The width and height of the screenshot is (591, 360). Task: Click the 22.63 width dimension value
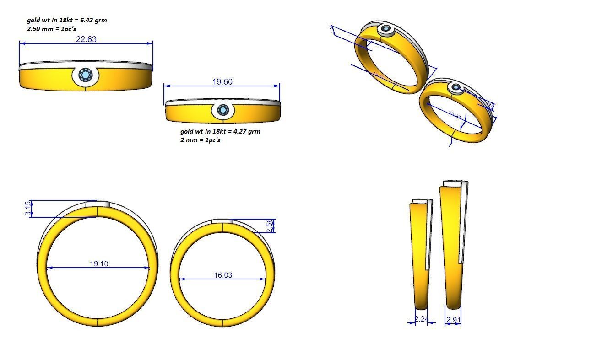tap(86, 39)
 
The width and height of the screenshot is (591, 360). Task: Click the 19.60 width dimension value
tap(222, 82)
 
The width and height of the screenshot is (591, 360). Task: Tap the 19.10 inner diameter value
tap(99, 264)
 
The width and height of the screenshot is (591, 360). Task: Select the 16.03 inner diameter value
tap(223, 275)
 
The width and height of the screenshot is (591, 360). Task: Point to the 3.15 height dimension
tap(28, 209)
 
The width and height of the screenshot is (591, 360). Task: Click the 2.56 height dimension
tap(270, 226)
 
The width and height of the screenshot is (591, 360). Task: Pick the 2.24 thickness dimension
tap(421, 319)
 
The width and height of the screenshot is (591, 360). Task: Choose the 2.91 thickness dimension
tap(453, 320)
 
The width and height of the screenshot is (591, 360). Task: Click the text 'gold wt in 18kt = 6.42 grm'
tap(67, 20)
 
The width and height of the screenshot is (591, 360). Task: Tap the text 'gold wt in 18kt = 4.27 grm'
tap(220, 131)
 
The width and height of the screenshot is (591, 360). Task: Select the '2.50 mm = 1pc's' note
tap(48, 29)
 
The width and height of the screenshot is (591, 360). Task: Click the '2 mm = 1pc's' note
tap(200, 140)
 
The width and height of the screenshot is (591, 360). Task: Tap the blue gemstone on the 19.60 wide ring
tap(222, 110)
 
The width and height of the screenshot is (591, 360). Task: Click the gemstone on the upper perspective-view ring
tap(387, 30)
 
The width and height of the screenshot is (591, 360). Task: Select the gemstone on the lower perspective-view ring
tap(456, 87)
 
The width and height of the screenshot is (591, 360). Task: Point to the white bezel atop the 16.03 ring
tap(223, 221)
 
